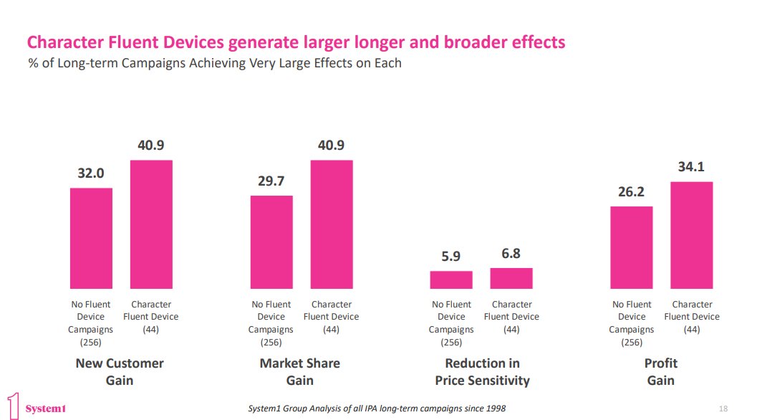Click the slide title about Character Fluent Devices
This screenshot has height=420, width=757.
tap(296, 42)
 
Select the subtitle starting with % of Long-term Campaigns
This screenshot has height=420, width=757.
tap(214, 63)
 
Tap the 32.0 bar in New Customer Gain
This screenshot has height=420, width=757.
tap(91, 238)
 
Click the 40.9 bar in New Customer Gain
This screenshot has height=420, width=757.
tap(151, 224)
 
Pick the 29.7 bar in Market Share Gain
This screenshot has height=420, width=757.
tap(271, 242)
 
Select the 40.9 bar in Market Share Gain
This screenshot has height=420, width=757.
tap(332, 224)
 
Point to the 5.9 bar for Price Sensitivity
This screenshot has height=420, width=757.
tap(451, 280)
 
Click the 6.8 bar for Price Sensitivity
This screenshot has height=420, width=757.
tap(511, 279)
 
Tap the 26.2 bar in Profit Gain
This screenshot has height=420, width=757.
tap(632, 247)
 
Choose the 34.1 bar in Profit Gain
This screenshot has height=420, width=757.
tap(692, 235)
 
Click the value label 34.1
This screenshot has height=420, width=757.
tap(692, 167)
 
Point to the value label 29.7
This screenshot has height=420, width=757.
tap(271, 181)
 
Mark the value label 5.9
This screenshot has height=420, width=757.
tap(451, 256)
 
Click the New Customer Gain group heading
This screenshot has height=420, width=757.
tap(120, 371)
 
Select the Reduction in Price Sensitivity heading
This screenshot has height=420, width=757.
tap(482, 371)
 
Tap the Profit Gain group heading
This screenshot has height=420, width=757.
tap(660, 371)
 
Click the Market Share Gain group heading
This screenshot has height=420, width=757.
tap(300, 371)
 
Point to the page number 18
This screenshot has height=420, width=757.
tap(723, 409)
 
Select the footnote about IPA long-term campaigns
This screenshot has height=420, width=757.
tap(376, 409)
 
